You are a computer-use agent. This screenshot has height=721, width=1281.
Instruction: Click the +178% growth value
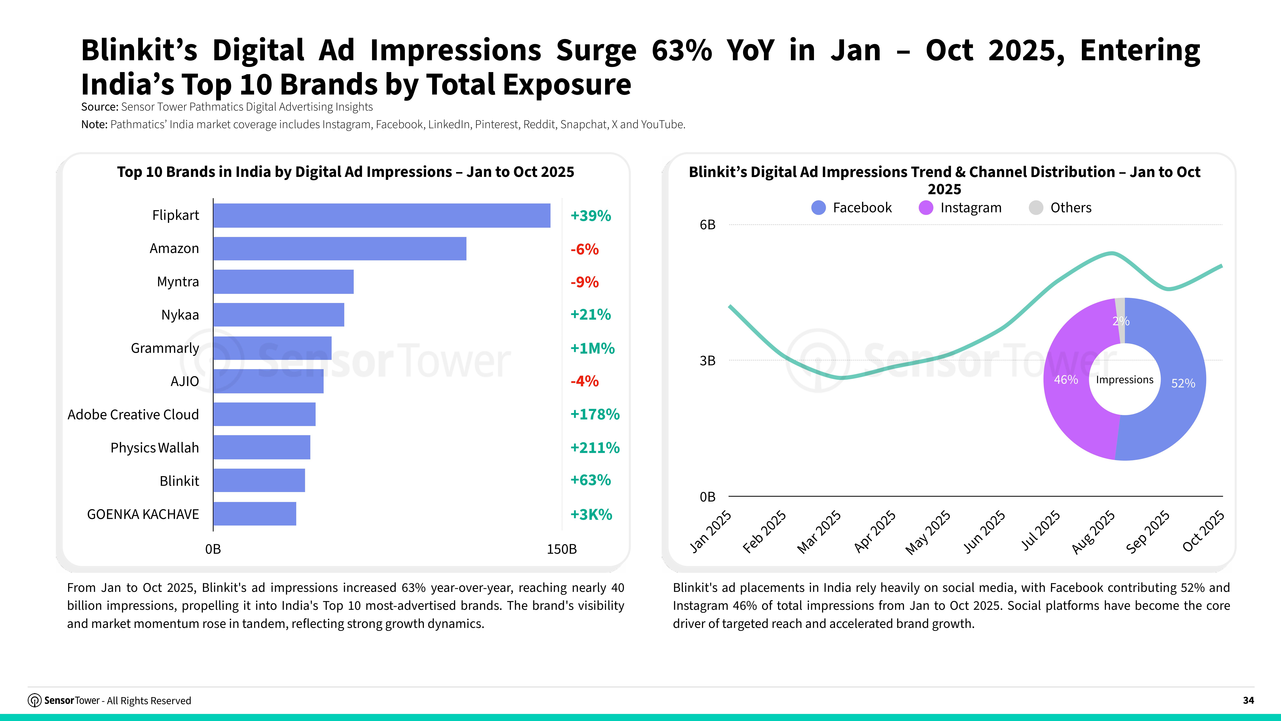[595, 414]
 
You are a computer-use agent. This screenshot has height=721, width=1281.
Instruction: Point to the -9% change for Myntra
[584, 282]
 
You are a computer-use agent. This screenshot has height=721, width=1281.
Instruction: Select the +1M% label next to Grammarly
[592, 348]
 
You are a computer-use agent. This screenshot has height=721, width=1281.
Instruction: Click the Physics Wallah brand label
[155, 448]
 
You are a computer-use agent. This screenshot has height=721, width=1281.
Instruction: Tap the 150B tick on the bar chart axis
[561, 549]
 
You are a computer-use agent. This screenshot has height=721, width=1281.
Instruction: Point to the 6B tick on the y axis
[707, 225]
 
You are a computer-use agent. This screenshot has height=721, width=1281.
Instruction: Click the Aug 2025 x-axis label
[1093, 532]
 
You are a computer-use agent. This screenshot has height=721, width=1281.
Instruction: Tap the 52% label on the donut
[1183, 383]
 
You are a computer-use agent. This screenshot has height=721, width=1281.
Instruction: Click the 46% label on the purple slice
[1066, 380]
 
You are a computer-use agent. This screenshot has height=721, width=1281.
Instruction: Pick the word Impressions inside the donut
[1124, 380]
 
